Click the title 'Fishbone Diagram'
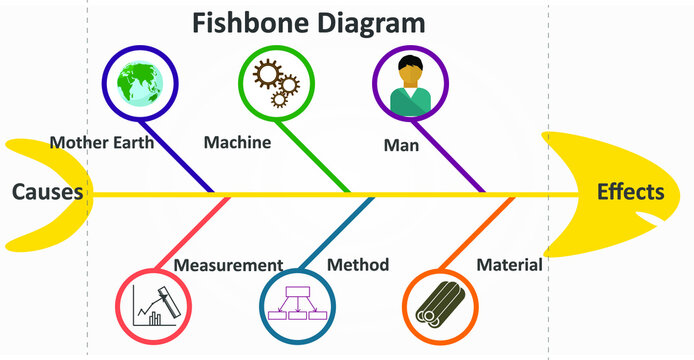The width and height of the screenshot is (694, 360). coord(308,23)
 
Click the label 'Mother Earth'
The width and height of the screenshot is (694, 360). coord(101,142)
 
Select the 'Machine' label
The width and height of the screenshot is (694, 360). coord(237,142)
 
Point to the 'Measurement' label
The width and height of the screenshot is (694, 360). coord(228,265)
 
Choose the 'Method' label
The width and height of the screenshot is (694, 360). coord(358,265)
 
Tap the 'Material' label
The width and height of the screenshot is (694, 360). coord(509,265)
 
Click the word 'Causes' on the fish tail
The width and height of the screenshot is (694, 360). coord(47,192)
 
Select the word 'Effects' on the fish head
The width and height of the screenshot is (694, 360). coord(630,192)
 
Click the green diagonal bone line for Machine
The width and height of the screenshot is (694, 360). coord(318,155)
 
